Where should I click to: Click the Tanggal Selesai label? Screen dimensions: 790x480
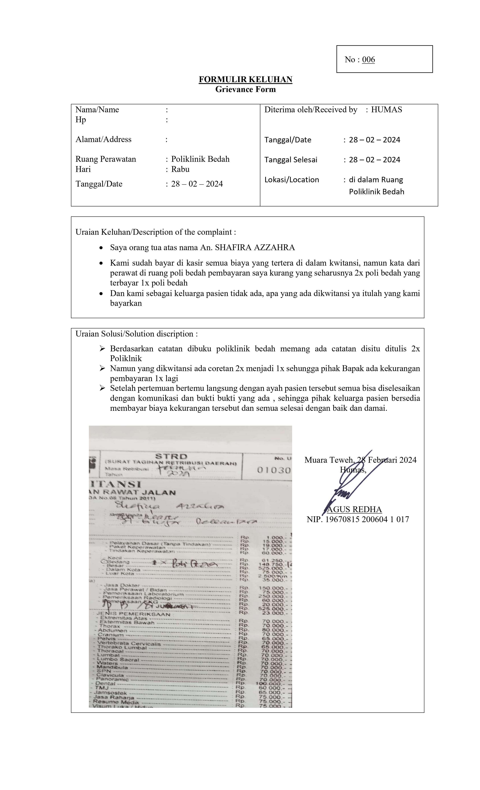[x=290, y=160]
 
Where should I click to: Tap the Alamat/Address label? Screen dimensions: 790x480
[x=103, y=139]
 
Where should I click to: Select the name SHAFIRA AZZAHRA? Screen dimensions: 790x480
[x=255, y=248]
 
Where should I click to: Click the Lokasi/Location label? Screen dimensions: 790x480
[x=291, y=180]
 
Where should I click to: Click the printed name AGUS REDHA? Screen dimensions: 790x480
[x=354, y=510]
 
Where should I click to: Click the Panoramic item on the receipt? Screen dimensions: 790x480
[x=112, y=679]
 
